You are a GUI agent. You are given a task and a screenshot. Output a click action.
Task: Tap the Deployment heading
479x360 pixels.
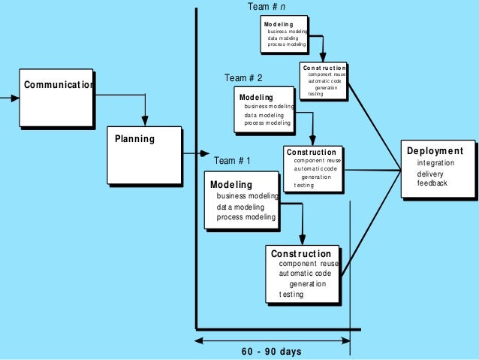tap(435, 151)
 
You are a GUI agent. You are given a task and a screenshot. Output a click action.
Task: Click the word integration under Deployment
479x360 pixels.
tap(435, 163)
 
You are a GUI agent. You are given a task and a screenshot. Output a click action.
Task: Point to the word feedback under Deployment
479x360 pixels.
tap(432, 183)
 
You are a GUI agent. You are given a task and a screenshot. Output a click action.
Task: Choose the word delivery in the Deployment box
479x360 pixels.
tap(430, 174)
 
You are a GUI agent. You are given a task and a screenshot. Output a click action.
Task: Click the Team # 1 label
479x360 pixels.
tap(233, 161)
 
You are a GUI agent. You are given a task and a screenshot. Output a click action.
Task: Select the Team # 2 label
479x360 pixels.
tap(243, 78)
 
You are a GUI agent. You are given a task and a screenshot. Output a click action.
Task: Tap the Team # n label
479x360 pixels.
tap(267, 7)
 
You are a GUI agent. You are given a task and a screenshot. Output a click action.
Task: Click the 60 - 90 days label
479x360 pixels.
tap(273, 352)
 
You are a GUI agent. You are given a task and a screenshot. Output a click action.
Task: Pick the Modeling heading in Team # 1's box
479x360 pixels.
tap(231, 184)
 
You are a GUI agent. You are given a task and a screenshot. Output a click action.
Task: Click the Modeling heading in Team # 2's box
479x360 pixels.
tap(256, 98)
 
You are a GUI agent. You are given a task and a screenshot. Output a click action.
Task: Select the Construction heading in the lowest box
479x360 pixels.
tap(301, 254)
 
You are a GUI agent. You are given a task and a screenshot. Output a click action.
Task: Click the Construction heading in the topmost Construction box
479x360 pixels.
tap(324, 68)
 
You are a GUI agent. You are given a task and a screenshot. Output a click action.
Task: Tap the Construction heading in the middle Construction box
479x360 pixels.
tap(311, 152)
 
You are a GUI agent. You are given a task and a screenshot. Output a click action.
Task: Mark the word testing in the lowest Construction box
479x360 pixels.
tap(291, 295)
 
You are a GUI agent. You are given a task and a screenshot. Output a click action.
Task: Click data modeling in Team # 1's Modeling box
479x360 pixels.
tap(236, 207)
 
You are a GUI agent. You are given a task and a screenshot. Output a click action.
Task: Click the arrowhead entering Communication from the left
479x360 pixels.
tap(14, 98)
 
